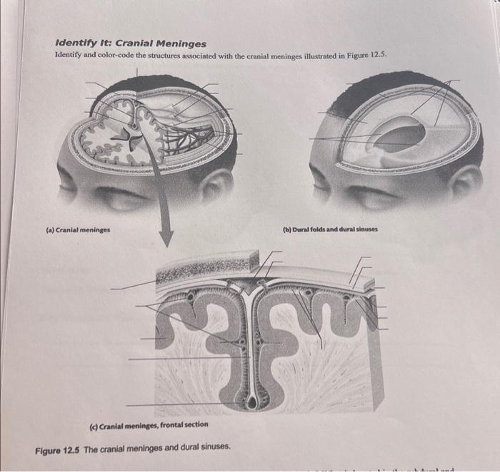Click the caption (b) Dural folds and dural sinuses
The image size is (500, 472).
pyautogui.click(x=330, y=230)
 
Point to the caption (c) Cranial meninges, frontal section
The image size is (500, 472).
pyautogui.click(x=148, y=424)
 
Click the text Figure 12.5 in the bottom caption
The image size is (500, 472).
pyautogui.click(x=58, y=446)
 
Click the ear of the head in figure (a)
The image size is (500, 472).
pyautogui.click(x=215, y=184)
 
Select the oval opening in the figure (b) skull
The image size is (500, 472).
pyautogui.click(x=400, y=135)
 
